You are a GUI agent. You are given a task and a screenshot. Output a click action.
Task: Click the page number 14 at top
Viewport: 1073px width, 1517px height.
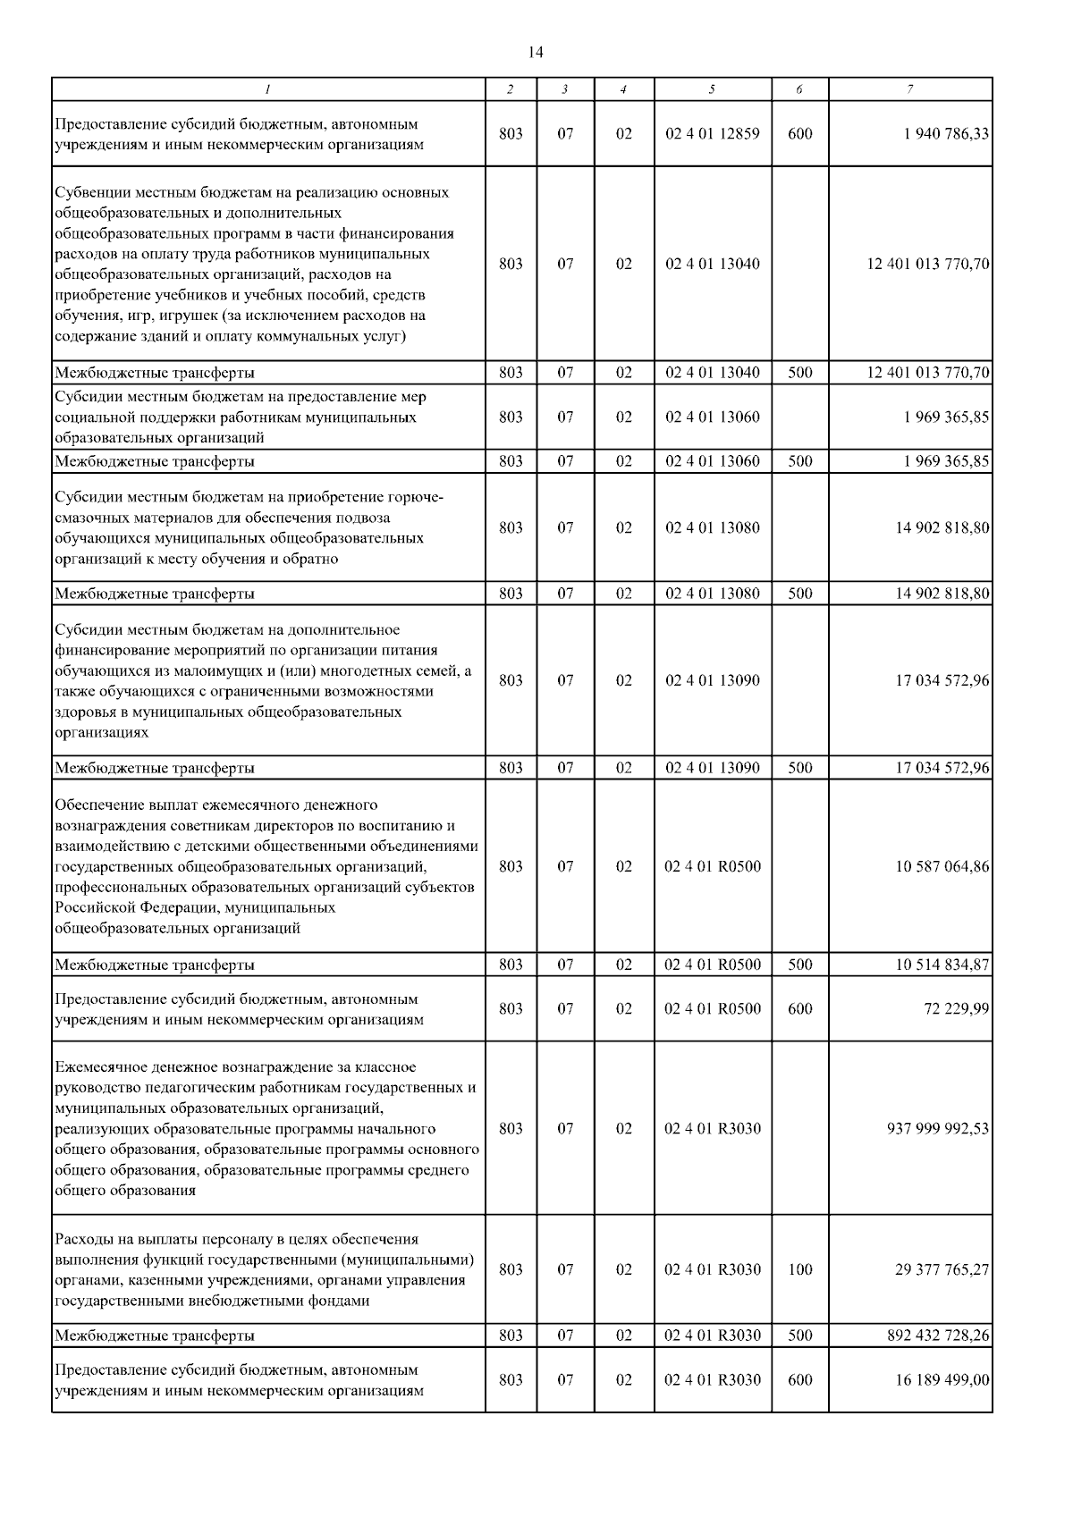[x=536, y=52]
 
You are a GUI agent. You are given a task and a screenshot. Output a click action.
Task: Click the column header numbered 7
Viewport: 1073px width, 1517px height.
[x=909, y=88]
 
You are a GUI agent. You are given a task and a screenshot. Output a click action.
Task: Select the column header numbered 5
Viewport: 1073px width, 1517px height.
[x=712, y=88]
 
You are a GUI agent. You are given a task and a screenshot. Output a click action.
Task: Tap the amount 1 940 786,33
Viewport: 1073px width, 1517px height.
[x=940, y=133]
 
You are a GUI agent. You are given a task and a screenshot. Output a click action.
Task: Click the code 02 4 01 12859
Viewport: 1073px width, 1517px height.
[x=712, y=133]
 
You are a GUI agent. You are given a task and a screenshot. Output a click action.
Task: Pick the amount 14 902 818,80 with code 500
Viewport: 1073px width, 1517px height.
[x=942, y=593]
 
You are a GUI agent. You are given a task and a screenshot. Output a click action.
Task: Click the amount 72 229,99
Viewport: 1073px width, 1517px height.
[x=956, y=1008]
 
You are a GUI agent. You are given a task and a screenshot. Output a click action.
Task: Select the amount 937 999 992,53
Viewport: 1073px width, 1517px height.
[x=937, y=1128]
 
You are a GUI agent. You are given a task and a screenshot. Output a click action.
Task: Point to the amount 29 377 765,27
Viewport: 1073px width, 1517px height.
[x=942, y=1269]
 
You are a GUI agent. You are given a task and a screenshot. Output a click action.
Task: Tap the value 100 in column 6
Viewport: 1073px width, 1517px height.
[x=799, y=1269]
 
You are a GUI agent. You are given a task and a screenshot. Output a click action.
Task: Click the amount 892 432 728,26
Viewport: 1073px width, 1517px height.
[x=937, y=1335]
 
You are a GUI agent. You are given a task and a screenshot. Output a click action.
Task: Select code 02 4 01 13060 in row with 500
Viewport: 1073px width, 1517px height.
[x=712, y=461]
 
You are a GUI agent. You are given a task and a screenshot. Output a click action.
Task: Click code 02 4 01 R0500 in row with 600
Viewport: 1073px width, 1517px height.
[x=712, y=1008]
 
